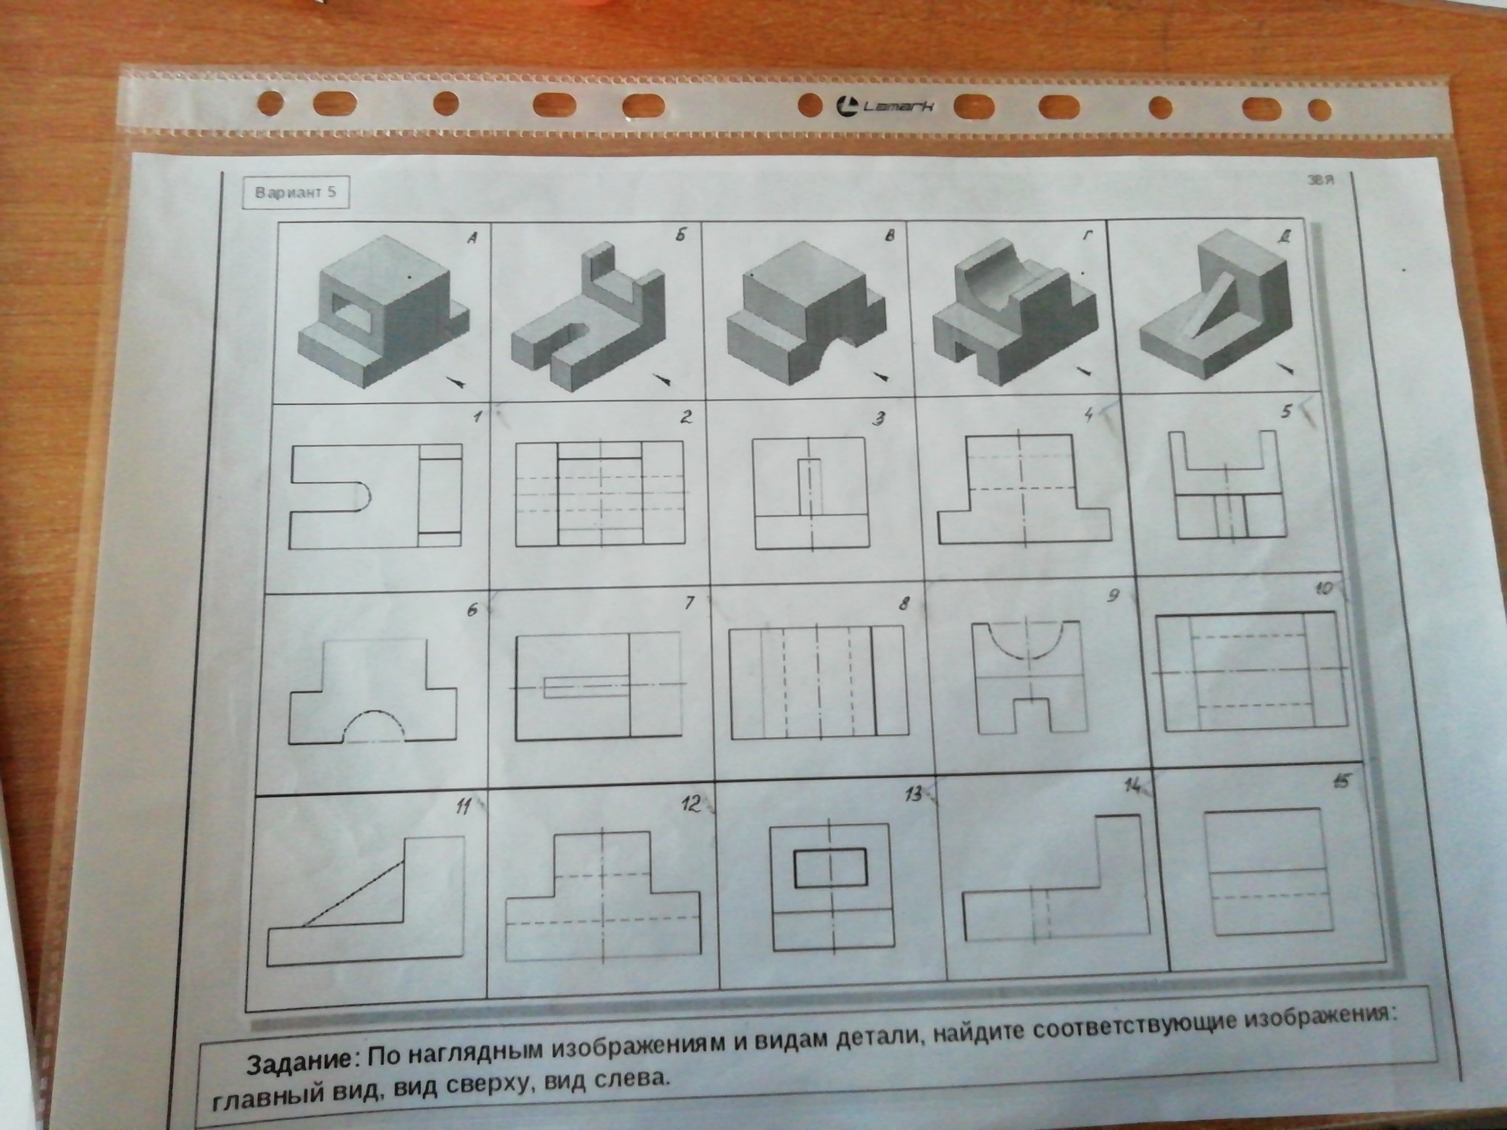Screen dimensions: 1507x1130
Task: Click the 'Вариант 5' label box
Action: coord(296,193)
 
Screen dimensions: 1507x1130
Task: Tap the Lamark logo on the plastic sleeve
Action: coord(885,106)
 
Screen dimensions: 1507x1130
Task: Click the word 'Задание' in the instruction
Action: coord(299,1063)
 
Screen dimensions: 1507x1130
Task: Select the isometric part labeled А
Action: coord(383,311)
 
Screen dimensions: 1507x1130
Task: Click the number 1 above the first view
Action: coord(476,417)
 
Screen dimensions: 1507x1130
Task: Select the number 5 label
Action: coord(1286,411)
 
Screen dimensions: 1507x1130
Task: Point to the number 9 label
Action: coord(1114,596)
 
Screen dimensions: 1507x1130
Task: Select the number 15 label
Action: coord(1343,782)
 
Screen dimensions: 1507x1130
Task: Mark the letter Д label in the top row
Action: coord(1285,236)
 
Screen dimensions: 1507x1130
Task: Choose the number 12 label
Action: coord(691,804)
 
